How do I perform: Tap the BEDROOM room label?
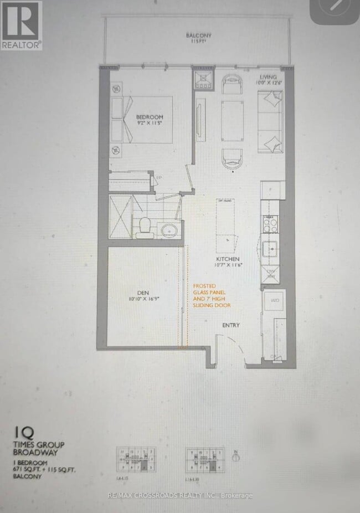[x=150, y=117]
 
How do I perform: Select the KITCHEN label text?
[x=228, y=259]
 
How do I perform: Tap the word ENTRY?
[x=231, y=325]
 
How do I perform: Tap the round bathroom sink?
[x=168, y=229]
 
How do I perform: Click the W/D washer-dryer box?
[x=274, y=301]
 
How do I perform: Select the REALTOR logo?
[x=20, y=25]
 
